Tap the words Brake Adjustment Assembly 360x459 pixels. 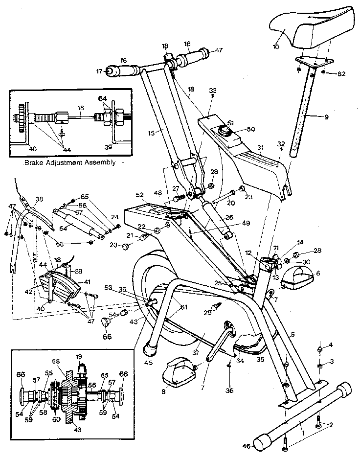[69, 162]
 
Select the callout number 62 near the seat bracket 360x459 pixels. [341, 74]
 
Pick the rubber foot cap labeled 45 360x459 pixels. [150, 349]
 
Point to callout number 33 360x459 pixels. [212, 91]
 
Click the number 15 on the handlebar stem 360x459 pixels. [151, 133]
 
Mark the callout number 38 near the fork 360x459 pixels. [40, 200]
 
